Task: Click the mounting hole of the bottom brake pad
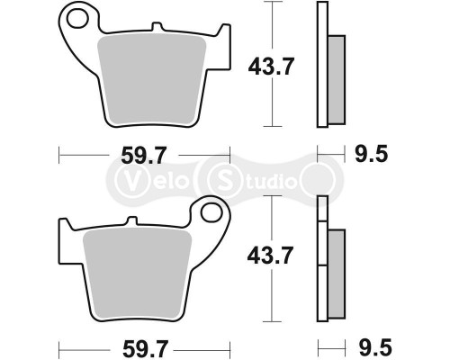pos(214,213)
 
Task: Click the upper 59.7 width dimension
pos(146,156)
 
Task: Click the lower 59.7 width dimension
pos(146,346)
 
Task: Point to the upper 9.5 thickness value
pos(371,155)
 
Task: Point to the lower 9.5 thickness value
pos(371,346)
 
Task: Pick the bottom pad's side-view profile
pos(325,260)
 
